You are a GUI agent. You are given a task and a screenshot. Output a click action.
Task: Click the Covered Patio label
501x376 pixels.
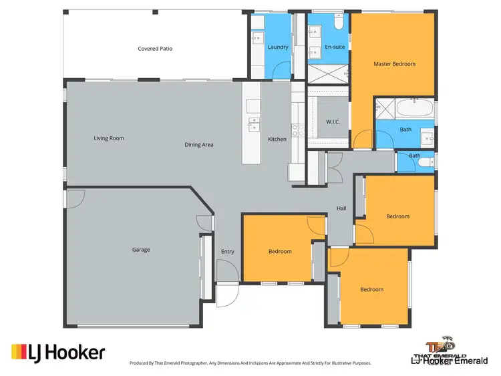coord(155,49)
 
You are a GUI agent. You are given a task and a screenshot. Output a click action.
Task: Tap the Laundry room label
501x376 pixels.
coord(277,48)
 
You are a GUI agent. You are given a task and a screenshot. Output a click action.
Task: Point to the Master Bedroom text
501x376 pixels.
coord(394,64)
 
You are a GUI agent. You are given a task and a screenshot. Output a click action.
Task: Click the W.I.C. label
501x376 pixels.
coord(333,122)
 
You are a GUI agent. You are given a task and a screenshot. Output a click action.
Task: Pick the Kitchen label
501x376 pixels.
coord(277,139)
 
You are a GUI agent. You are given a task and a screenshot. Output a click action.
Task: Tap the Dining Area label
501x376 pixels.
coord(199,144)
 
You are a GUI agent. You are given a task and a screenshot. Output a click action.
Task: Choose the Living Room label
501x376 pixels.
coord(109,138)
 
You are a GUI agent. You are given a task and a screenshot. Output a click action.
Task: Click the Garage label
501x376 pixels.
coord(141,250)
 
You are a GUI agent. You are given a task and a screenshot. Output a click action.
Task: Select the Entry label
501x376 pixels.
coord(227,251)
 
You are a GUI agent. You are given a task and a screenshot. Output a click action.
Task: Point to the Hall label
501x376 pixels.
coord(341,208)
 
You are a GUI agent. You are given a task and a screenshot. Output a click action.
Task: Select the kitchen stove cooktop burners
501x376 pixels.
coord(296,128)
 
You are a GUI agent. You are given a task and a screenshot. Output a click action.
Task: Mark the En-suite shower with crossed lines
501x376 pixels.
coord(327,73)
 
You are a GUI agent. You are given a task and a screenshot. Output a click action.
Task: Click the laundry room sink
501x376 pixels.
coord(257,37)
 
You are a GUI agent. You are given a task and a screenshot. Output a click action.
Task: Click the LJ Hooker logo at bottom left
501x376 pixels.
coord(58,352)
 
